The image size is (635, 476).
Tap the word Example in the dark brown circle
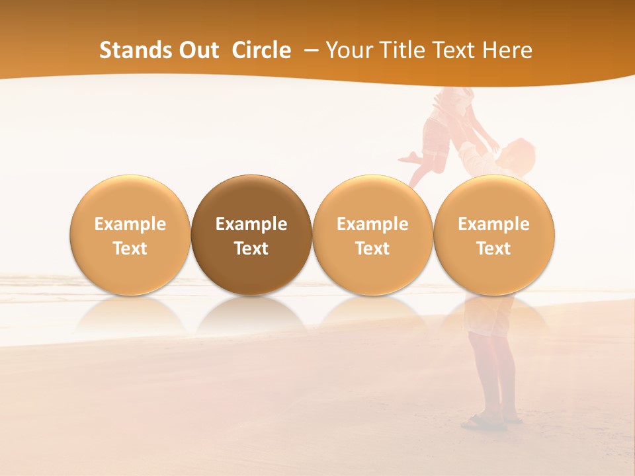click(x=251, y=224)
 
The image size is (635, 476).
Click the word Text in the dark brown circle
click(x=251, y=249)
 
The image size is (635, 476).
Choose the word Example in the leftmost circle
click(x=130, y=224)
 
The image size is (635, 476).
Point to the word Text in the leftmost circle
click(x=130, y=249)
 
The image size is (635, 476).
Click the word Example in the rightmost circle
click(x=494, y=224)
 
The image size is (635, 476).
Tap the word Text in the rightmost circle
click(x=494, y=249)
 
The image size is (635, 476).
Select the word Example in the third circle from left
click(x=372, y=224)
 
